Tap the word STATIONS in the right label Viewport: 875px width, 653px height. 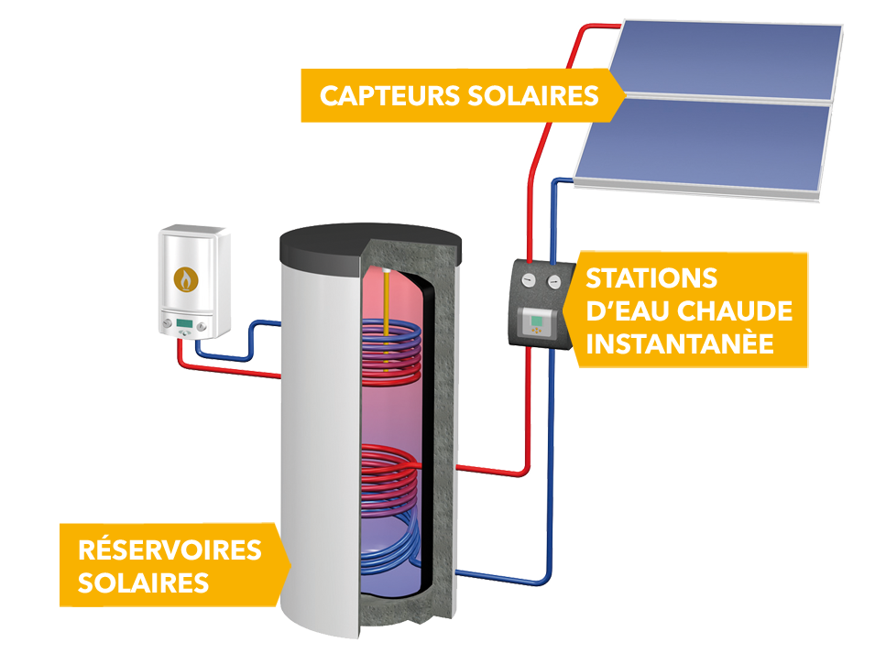[651, 278]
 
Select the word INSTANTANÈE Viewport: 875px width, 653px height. [680, 344]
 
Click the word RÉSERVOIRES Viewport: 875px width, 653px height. [170, 550]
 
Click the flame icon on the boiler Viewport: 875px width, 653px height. [186, 278]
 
